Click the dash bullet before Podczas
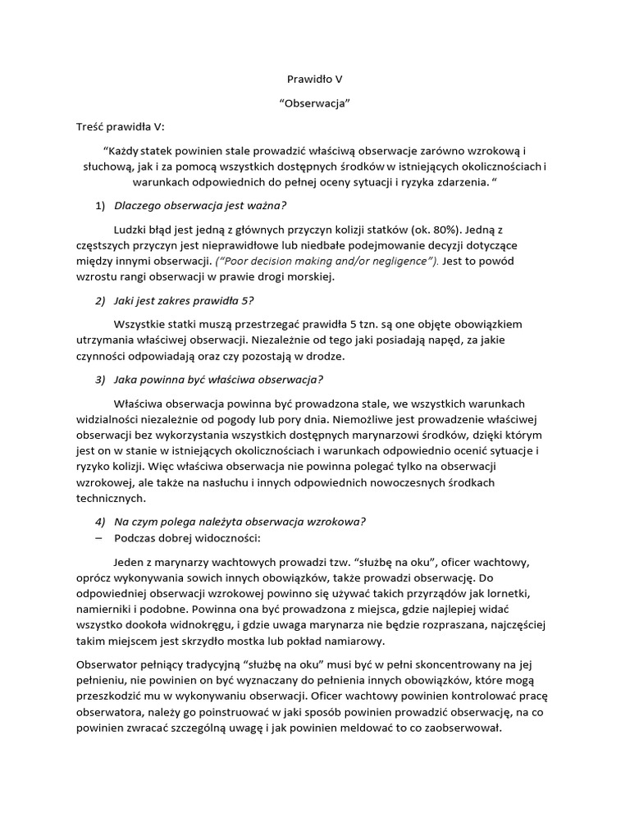(x=99, y=537)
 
